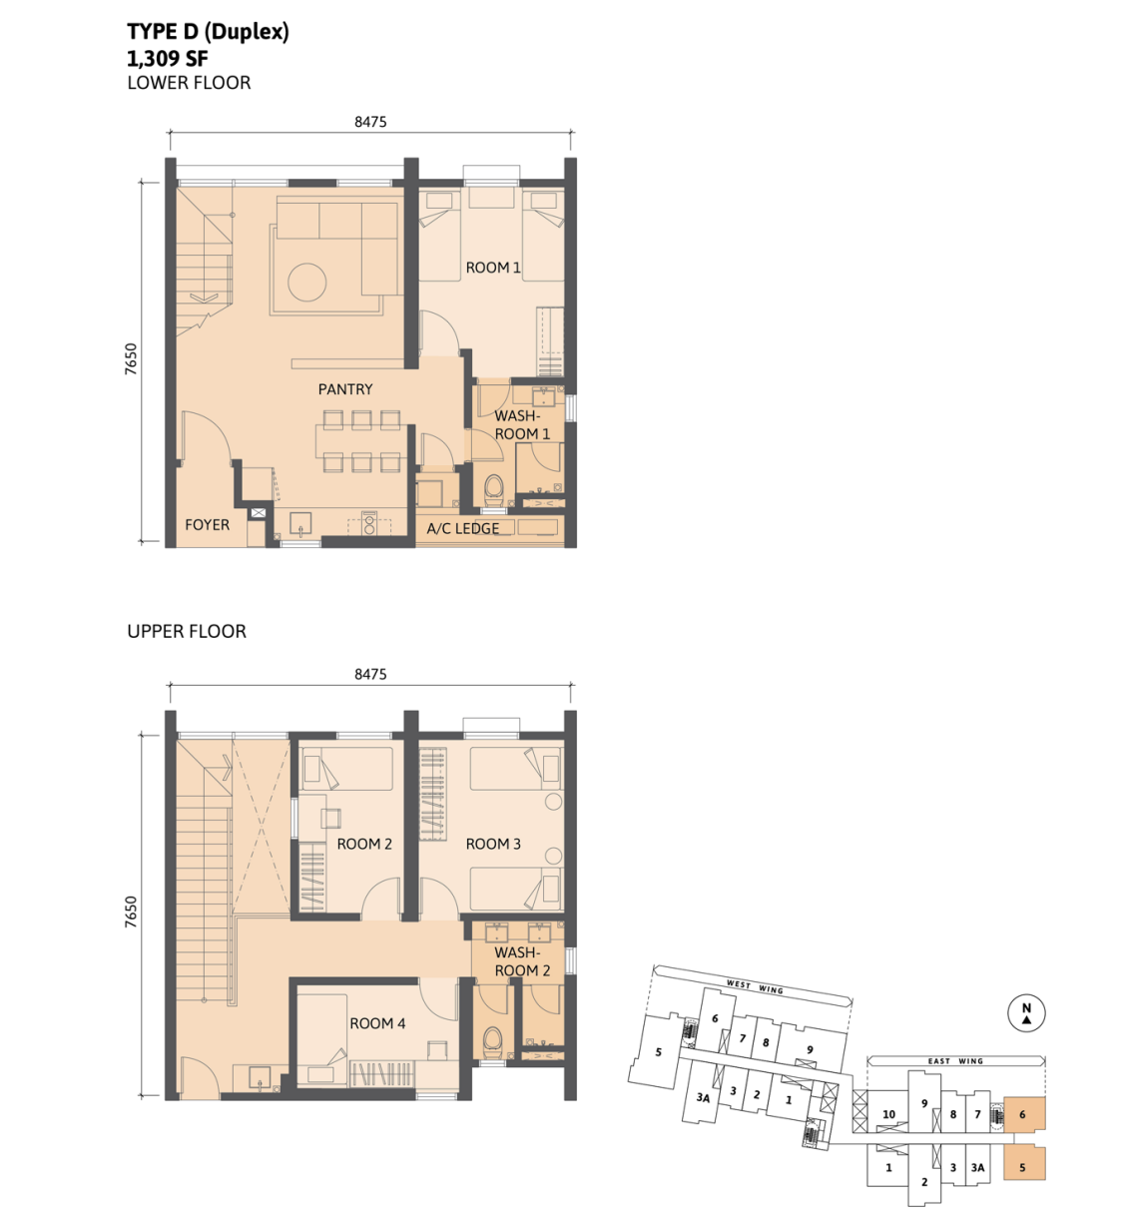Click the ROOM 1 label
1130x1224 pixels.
coord(492,268)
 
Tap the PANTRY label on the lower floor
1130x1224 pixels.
coord(345,389)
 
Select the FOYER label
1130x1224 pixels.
coord(208,524)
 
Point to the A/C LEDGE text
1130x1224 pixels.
coord(463,528)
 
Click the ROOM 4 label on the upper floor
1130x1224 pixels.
coord(377,1023)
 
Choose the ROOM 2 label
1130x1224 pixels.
coord(364,844)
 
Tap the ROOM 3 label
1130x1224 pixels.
coord(493,844)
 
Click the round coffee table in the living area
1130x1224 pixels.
coord(307,283)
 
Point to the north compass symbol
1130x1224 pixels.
coord(1026,1012)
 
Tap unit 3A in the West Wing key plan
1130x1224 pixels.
coord(703,1097)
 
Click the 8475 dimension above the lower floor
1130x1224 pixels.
coord(370,122)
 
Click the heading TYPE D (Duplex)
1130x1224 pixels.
coord(208,31)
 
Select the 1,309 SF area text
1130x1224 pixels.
coord(168,59)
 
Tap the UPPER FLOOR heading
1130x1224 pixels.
coord(187,631)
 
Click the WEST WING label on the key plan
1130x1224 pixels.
coord(755,986)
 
